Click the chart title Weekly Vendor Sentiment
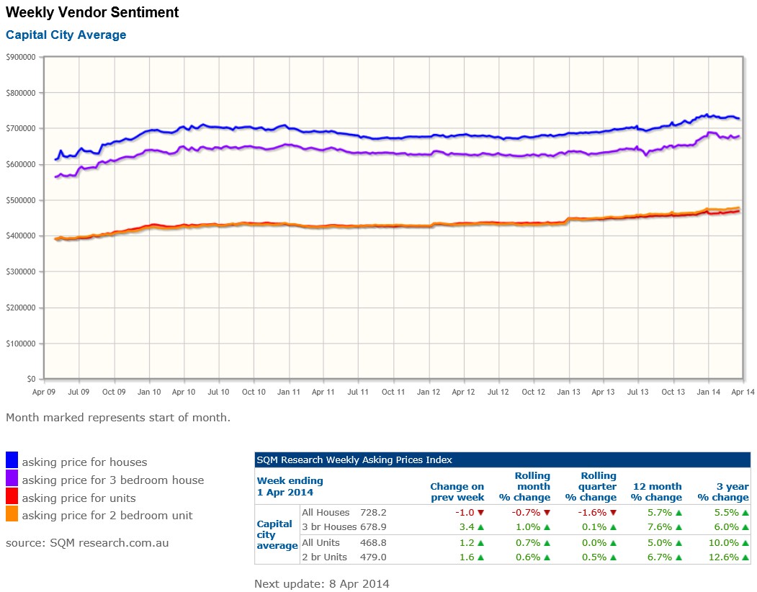(x=92, y=12)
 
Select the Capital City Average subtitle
(x=66, y=35)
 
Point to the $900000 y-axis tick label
(x=21, y=57)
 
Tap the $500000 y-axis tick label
(x=21, y=200)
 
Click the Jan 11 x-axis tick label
(x=288, y=392)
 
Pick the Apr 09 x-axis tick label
(x=44, y=392)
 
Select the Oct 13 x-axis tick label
(x=673, y=392)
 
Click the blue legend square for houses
(x=12, y=459)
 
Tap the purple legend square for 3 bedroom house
(x=12, y=477)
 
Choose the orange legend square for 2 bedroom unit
(x=12, y=513)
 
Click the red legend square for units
(x=12, y=495)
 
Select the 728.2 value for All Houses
(x=373, y=513)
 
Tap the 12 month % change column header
(x=655, y=492)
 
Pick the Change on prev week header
(x=457, y=492)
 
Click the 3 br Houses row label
(x=329, y=526)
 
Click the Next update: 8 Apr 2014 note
(x=321, y=583)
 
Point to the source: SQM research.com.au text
(x=87, y=542)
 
